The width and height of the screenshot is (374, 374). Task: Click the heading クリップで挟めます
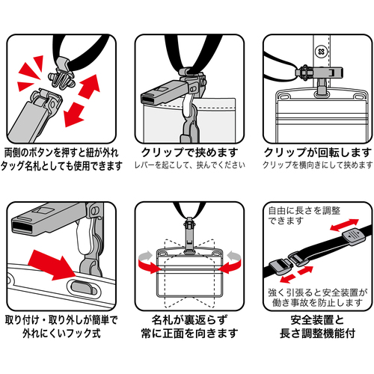[189, 153]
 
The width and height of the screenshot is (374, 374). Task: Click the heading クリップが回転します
[318, 153]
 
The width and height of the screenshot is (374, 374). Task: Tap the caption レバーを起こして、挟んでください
[190, 165]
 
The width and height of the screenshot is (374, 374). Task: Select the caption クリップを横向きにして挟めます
[318, 165]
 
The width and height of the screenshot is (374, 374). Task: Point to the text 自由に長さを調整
[304, 211]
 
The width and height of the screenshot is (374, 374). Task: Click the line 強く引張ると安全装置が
[318, 292]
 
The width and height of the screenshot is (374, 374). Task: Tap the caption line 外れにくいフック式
[61, 333]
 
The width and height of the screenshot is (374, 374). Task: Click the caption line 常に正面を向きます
[189, 333]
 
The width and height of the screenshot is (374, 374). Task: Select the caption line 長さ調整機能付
[318, 333]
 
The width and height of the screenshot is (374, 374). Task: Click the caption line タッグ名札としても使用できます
[61, 165]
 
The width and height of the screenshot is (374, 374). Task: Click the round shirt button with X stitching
[321, 52]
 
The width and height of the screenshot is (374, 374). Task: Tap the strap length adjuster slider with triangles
[354, 236]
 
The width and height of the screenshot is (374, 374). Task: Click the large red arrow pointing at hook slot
[53, 265]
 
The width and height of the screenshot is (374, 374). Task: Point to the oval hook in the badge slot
[82, 287]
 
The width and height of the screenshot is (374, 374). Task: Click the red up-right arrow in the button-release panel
[89, 85]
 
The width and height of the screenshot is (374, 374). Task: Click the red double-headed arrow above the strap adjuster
[344, 224]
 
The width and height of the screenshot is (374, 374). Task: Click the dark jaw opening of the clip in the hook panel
[22, 227]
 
